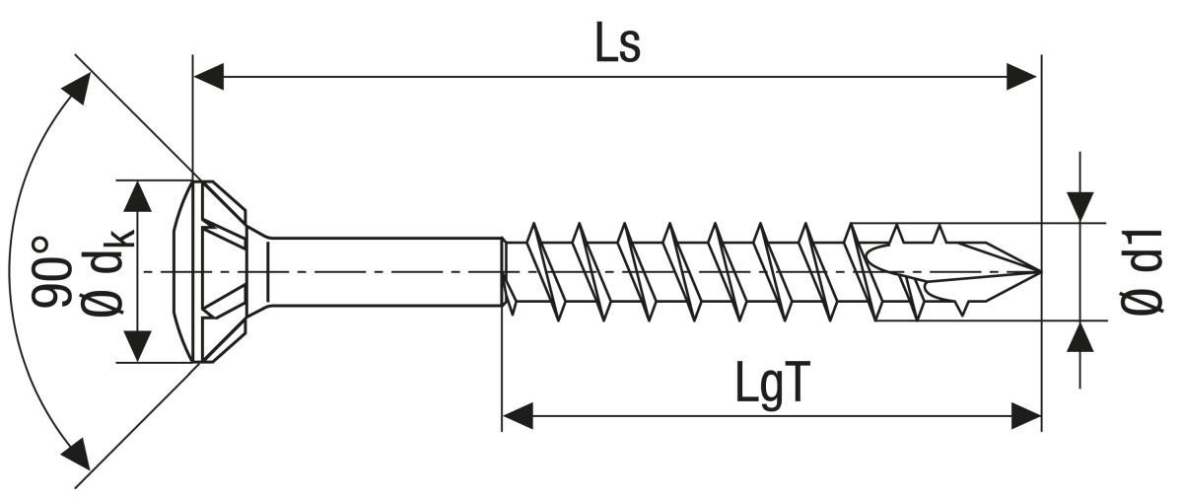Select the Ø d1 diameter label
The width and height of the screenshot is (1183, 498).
(1144, 271)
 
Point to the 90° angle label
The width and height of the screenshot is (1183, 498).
(54, 271)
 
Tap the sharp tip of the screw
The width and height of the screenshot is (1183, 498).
(1037, 271)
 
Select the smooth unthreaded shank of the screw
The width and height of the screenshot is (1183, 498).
(384, 271)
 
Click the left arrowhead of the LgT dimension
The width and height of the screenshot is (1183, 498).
(519, 415)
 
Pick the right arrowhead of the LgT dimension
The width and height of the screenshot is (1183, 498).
(1025, 415)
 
